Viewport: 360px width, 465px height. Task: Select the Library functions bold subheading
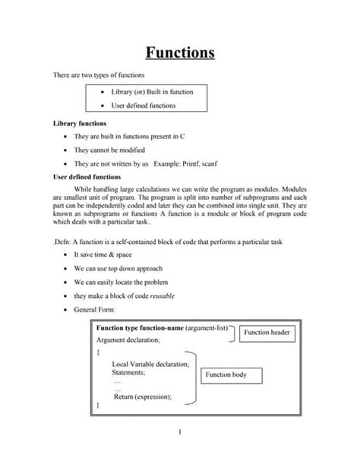pyautogui.click(x=79, y=122)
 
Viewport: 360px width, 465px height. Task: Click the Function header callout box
pyautogui.click(x=270, y=332)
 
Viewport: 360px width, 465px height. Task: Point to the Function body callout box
pyautogui.click(x=232, y=375)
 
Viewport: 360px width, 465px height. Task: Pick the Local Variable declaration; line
pyautogui.click(x=150, y=364)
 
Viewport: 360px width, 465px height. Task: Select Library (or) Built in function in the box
pyautogui.click(x=152, y=92)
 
